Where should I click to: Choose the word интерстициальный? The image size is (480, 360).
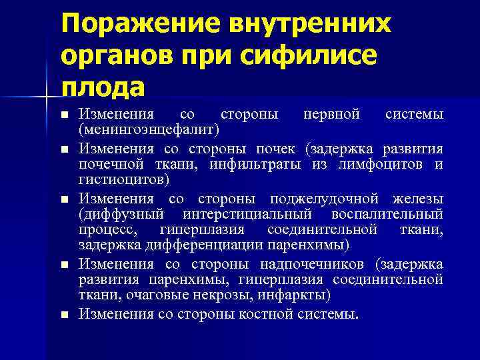256,215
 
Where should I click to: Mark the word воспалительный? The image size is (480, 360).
387,215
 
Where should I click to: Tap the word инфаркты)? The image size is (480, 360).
294,295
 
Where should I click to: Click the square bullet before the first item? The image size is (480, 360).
64,115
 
